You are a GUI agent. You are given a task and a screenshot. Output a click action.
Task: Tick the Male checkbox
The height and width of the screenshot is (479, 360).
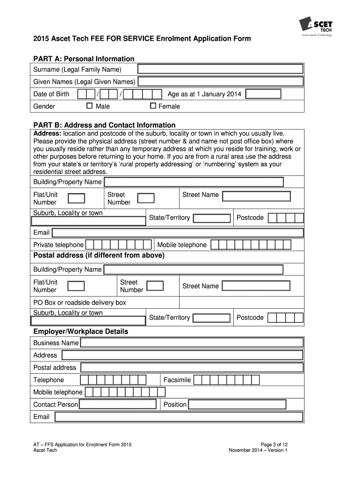point(89,106)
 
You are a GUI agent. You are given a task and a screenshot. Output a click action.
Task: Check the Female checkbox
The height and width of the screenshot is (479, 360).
point(152,106)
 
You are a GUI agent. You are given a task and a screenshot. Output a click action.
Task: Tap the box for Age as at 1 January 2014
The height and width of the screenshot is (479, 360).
point(263,94)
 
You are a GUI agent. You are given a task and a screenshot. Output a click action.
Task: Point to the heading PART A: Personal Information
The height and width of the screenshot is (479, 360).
point(84,58)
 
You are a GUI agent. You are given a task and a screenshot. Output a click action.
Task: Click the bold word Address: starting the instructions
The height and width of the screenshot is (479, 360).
point(47,134)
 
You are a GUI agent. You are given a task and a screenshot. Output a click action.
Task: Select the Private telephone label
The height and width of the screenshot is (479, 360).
point(58,245)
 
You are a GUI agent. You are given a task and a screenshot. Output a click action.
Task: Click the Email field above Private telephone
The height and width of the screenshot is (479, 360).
point(178,232)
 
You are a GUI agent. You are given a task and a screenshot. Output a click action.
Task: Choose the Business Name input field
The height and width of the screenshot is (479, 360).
point(192,343)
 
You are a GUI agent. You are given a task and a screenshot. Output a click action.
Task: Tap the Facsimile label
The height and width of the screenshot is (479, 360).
point(177,380)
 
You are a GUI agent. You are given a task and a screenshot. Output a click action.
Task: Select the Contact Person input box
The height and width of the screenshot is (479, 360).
point(117,404)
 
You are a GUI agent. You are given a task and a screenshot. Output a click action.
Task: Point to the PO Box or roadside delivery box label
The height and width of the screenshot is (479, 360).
point(79,303)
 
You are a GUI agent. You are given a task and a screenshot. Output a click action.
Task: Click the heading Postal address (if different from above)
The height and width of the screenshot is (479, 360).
point(99,255)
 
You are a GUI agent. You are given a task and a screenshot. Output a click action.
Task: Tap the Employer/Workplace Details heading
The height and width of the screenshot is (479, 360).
point(80,331)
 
